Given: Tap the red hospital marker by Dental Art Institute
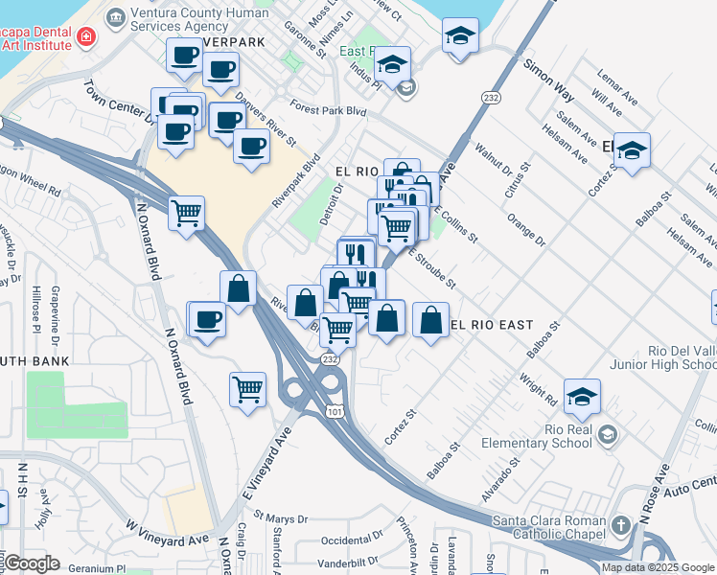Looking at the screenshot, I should [x=87, y=36].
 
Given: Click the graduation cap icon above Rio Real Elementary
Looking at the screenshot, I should [x=582, y=396].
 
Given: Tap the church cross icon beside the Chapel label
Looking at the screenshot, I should [x=620, y=525].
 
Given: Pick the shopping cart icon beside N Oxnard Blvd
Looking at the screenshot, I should [x=186, y=213].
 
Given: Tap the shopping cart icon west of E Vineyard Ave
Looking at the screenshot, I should [x=247, y=390].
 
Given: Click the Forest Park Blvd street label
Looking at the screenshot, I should [x=332, y=111].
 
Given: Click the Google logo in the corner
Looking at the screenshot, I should [x=33, y=564].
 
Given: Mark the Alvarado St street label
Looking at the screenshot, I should [x=501, y=474].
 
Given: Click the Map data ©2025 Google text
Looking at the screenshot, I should [x=658, y=567].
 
